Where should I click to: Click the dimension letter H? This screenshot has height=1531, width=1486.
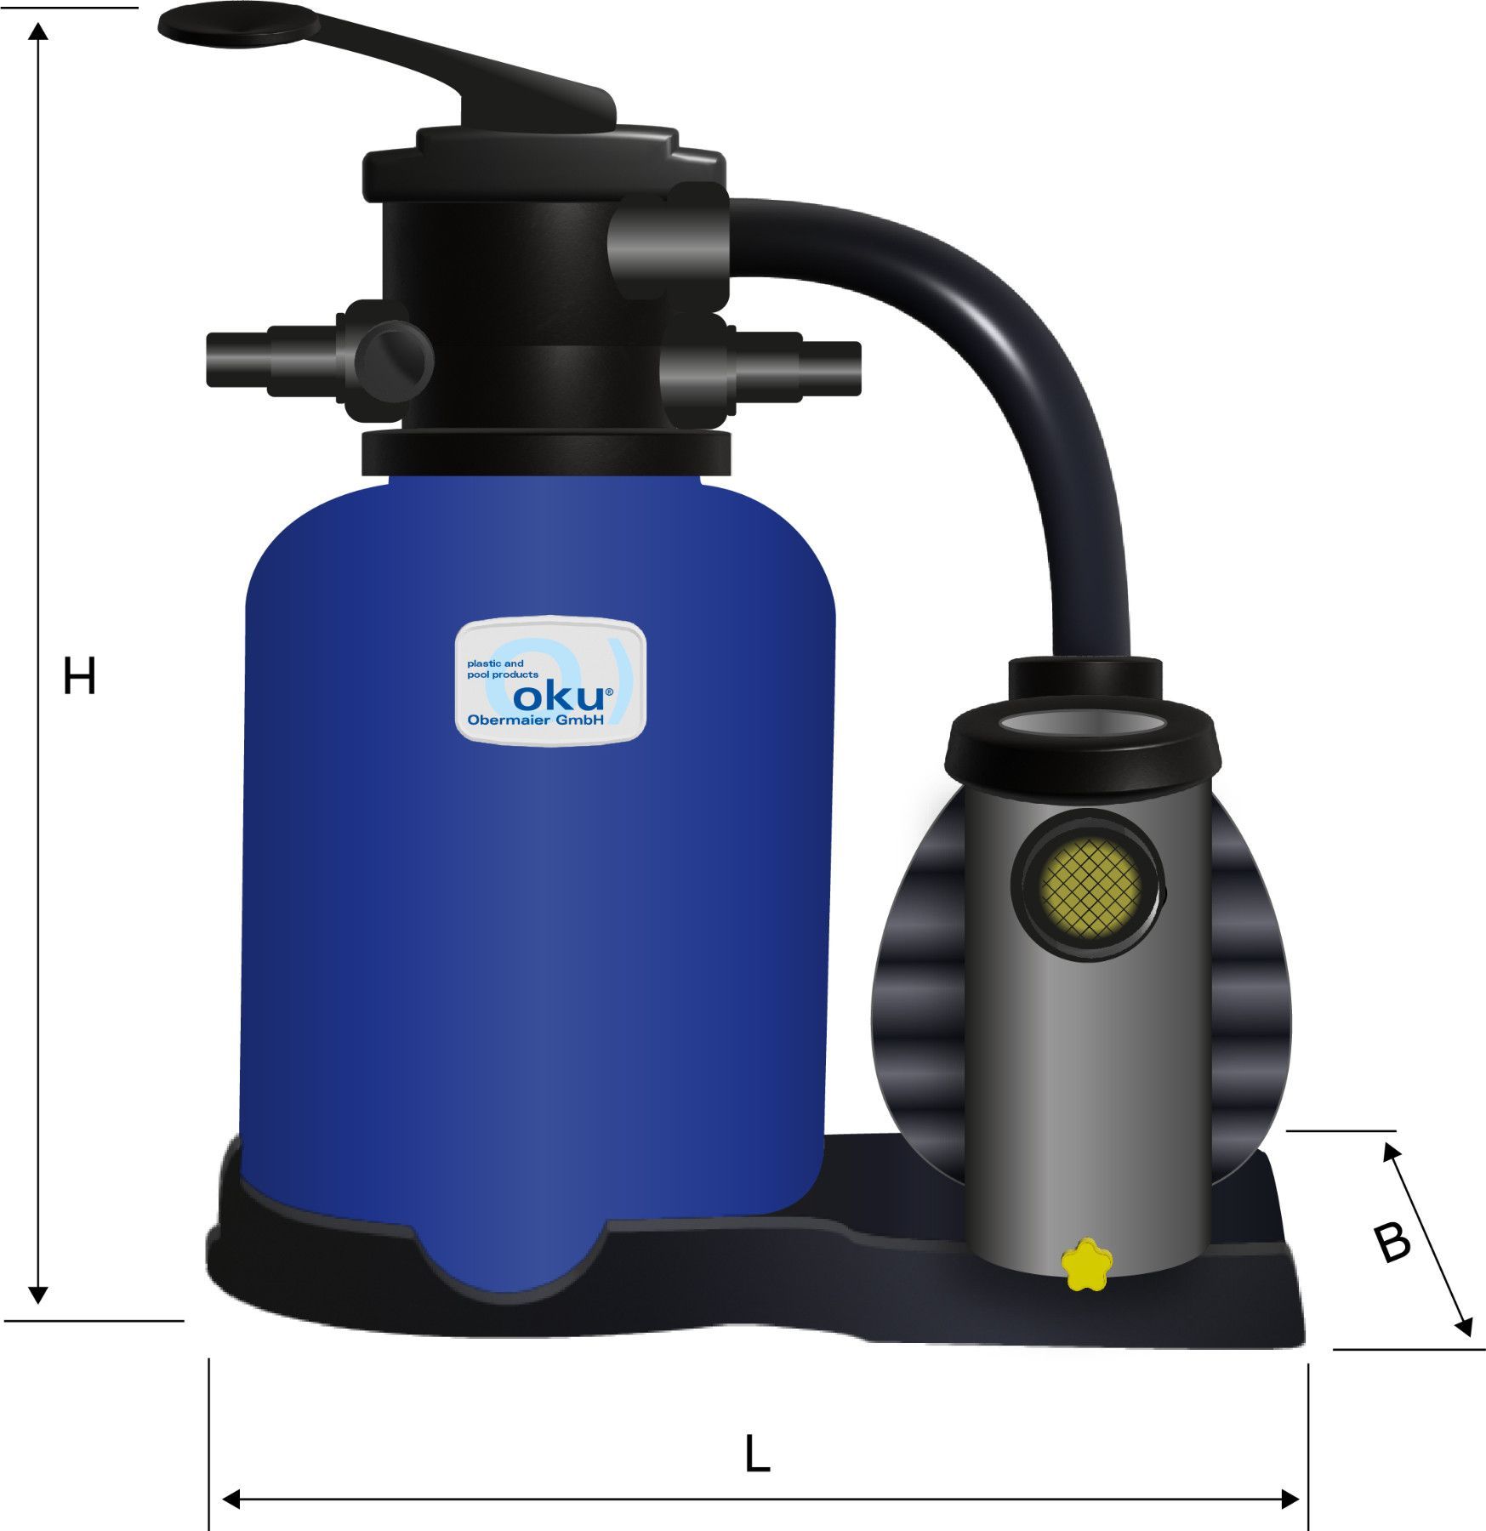click(x=79, y=678)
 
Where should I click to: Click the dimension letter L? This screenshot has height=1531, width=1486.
click(x=756, y=1454)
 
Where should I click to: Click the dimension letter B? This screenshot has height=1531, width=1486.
click(x=1392, y=1243)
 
